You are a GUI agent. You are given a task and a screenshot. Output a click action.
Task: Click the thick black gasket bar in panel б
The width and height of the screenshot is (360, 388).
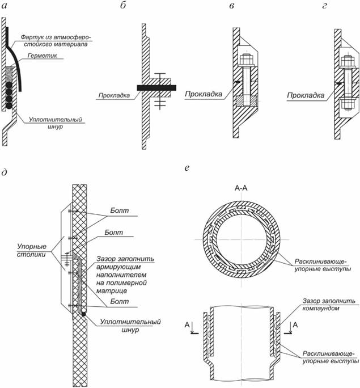tap(156, 87)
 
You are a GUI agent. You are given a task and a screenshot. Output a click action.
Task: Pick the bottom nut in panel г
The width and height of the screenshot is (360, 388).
tap(346, 104)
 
